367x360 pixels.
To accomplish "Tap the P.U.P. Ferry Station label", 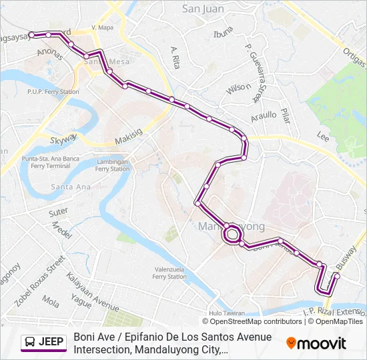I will tap(53, 91).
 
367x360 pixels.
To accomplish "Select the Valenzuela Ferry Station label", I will tap(169, 273).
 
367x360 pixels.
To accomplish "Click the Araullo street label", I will tap(263, 115).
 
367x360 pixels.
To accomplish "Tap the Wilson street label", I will tap(237, 87).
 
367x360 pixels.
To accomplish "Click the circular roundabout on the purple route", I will tap(232, 234).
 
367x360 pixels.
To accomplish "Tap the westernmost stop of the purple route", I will tap(31, 35).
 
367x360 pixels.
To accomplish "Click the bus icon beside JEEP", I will tap(30, 343).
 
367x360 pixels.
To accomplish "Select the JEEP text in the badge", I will tap(51, 343).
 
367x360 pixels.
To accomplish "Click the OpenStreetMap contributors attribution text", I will tap(253, 321).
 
